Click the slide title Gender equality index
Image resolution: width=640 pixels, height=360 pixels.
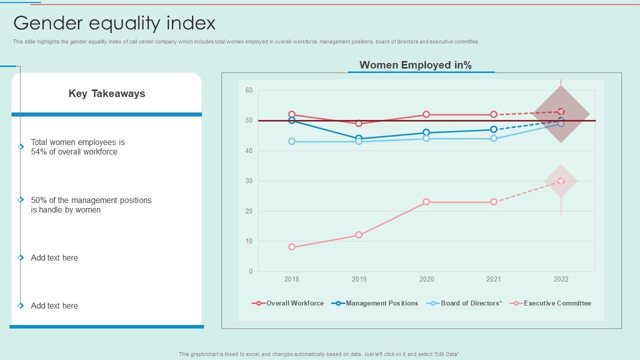pos(114,23)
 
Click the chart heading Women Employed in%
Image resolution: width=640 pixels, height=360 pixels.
pos(415,65)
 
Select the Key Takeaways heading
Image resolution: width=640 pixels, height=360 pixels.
pos(107,93)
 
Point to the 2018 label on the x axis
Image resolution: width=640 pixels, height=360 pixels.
pos(291,279)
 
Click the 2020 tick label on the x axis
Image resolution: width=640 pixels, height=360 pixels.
pos(426,279)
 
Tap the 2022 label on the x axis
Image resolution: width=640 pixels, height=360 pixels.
pos(561,279)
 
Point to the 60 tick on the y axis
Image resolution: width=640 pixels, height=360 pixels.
pos(248,90)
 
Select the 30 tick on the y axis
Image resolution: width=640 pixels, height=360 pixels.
pos(248,181)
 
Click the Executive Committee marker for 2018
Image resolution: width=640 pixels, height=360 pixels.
pos(292,247)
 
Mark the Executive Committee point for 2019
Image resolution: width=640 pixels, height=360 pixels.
pos(359,235)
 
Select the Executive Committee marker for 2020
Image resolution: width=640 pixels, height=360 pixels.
pos(426,202)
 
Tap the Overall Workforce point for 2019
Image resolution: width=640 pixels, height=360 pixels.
pos(359,123)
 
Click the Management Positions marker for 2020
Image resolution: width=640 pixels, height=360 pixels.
pos(426,132)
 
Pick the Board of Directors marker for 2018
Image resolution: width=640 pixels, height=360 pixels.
pos(292,141)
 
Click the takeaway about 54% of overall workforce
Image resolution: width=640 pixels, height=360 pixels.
pos(78,147)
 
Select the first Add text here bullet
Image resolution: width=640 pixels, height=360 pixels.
pos(54,258)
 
